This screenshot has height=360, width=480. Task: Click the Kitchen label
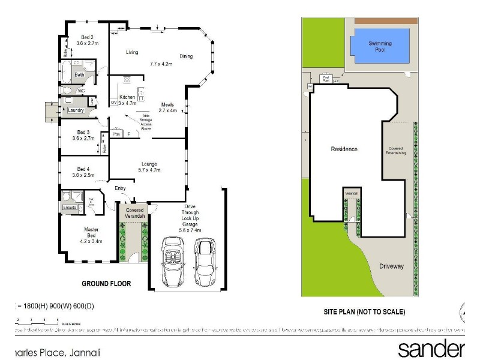127,97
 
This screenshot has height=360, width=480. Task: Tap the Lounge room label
149,163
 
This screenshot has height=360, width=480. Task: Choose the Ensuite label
69,208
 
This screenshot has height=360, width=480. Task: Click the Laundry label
76,110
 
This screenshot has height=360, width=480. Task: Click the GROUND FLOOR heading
106,283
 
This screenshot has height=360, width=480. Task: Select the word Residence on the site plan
344,149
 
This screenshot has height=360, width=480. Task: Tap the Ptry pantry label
116,134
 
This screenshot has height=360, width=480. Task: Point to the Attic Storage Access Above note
146,121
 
